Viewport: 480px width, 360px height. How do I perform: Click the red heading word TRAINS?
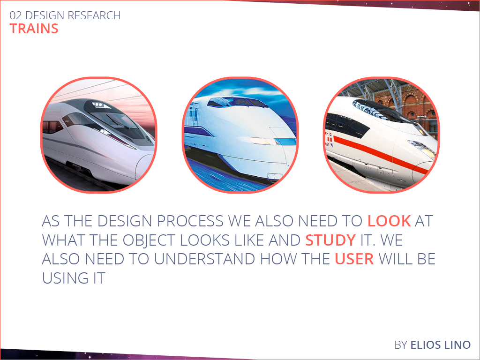[34, 29]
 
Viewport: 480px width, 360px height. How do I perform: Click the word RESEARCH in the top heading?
[94, 15]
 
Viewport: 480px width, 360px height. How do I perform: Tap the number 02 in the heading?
[15, 15]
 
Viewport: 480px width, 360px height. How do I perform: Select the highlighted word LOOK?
[389, 221]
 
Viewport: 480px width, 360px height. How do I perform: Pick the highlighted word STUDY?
[330, 240]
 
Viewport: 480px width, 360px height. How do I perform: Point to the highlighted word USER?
[354, 259]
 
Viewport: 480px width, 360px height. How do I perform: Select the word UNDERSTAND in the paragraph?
[204, 259]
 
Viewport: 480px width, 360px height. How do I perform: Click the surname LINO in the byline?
[458, 345]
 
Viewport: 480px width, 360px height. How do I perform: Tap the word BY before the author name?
[401, 345]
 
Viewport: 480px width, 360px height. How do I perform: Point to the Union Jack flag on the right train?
[329, 139]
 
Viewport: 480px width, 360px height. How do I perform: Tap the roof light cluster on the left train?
[98, 105]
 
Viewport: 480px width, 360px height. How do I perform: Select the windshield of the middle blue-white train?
[236, 102]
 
